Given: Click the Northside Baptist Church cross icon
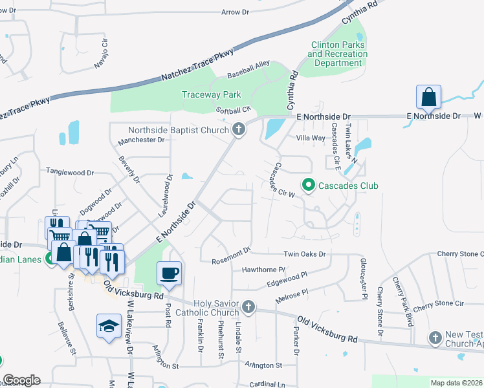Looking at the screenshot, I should [238, 130].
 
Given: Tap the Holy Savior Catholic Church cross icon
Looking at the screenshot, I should [248, 306].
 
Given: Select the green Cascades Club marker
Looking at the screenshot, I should [308, 186].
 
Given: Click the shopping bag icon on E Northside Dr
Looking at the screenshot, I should [428, 98].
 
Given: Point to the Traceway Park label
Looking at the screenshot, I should [210, 94].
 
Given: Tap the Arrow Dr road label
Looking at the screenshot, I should [235, 12].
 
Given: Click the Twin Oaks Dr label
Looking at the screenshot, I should [304, 255].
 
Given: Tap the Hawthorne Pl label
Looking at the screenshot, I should [263, 269].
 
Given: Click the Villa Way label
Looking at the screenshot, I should [310, 138].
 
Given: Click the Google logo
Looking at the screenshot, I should [21, 380].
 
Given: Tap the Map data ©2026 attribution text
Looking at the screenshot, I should [456, 383].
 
